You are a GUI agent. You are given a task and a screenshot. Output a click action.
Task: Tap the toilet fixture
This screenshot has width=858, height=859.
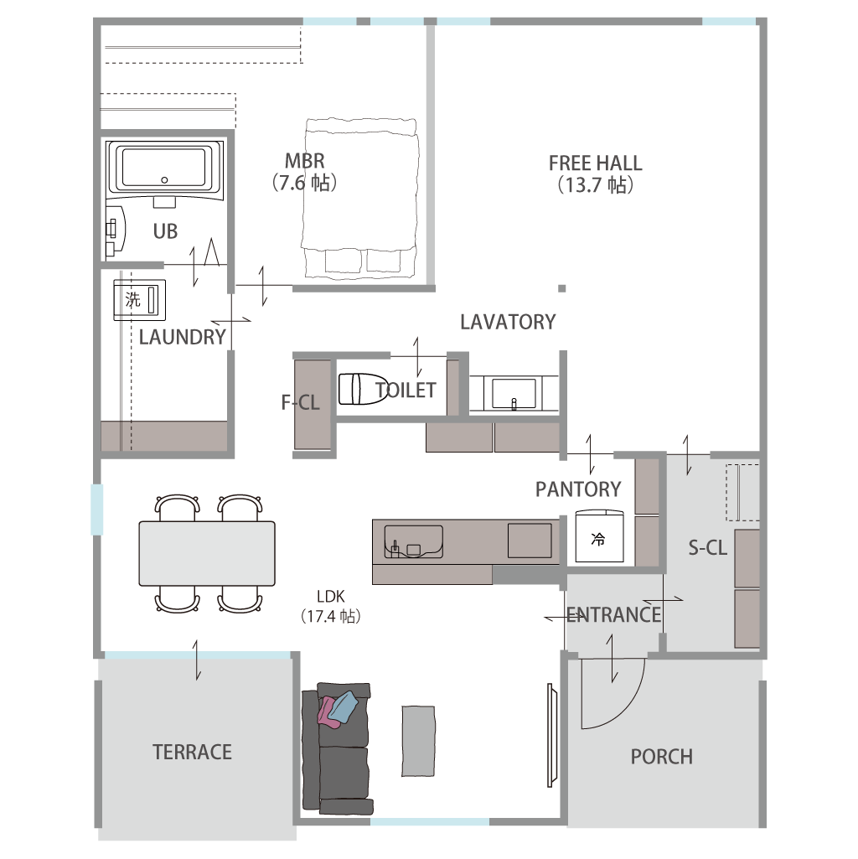pyautogui.click(x=363, y=389)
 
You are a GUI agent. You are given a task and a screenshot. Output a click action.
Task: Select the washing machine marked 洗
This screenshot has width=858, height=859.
pyautogui.click(x=140, y=300)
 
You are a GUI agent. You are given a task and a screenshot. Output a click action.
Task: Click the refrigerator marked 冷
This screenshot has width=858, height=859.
pyautogui.click(x=599, y=536)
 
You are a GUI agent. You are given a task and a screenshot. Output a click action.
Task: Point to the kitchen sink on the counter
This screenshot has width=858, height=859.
pyautogui.click(x=414, y=542)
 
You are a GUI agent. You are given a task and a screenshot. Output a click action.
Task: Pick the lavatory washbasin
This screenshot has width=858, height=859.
pyautogui.click(x=514, y=393)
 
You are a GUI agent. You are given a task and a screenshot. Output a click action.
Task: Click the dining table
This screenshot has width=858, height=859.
pyautogui.click(x=207, y=553)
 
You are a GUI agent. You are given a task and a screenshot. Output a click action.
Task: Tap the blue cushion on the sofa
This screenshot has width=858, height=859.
pyautogui.click(x=343, y=706)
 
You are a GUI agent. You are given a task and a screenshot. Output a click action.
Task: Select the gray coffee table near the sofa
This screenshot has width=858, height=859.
pyautogui.click(x=419, y=741)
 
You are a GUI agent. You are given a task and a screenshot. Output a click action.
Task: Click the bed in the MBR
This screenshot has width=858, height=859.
pyautogui.click(x=360, y=197)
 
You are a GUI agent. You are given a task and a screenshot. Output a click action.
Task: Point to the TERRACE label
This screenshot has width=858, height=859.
pyautogui.click(x=193, y=753)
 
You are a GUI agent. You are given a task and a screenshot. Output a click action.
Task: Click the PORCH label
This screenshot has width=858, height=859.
pyautogui.click(x=662, y=757)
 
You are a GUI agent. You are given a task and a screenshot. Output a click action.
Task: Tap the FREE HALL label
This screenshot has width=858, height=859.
pyautogui.click(x=596, y=163)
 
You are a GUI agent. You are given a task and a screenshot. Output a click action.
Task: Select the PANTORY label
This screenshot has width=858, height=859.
pyautogui.click(x=578, y=489)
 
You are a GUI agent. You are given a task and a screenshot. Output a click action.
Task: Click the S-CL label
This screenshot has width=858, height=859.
pyautogui.click(x=708, y=547)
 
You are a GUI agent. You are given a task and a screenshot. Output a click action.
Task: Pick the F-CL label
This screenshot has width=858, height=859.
pyautogui.click(x=300, y=402)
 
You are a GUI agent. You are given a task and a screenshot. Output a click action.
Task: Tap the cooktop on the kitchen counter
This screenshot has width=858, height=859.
pyautogui.click(x=530, y=541)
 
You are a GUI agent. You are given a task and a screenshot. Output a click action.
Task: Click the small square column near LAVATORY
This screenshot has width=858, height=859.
pyautogui.click(x=561, y=288)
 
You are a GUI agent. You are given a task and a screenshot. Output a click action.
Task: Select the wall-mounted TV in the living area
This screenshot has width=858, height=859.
pyautogui.click(x=552, y=735)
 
